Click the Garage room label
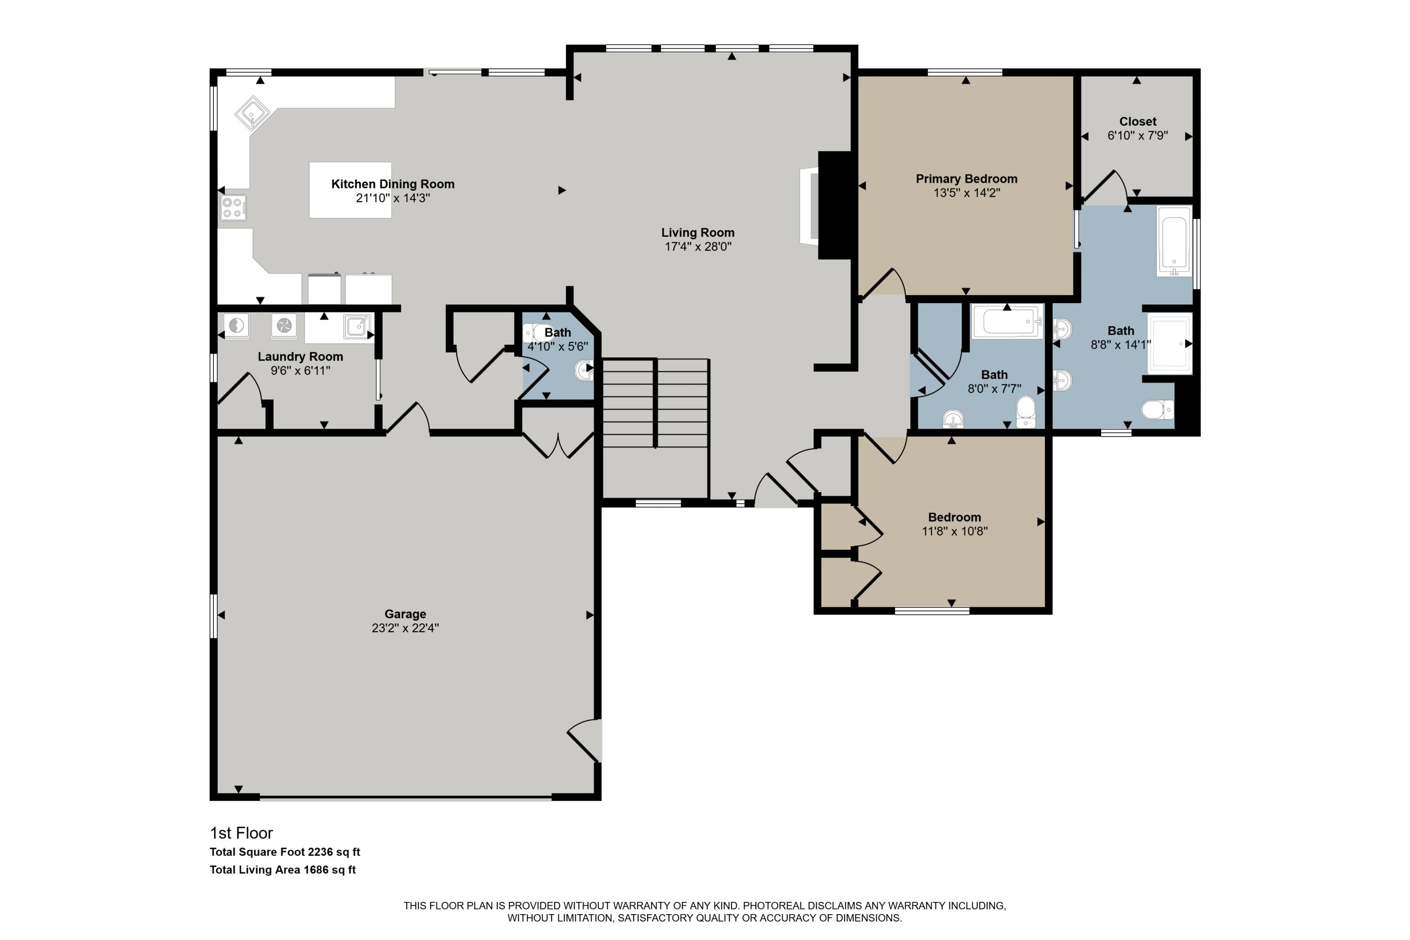[405, 614]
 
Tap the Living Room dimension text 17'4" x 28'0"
[698, 246]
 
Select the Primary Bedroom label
[966, 179]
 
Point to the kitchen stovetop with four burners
[233, 207]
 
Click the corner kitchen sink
[252, 113]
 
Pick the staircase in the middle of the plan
[656, 403]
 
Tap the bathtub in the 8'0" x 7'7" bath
[1007, 322]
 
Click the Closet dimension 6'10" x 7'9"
[1137, 135]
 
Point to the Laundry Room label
[300, 356]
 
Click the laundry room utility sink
[357, 326]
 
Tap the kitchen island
[350, 189]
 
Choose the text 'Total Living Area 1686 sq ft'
[282, 869]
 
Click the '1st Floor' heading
[241, 833]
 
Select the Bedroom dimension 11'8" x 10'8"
[955, 531]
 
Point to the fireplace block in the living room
[835, 205]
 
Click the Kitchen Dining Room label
[392, 184]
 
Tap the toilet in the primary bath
[1158, 410]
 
